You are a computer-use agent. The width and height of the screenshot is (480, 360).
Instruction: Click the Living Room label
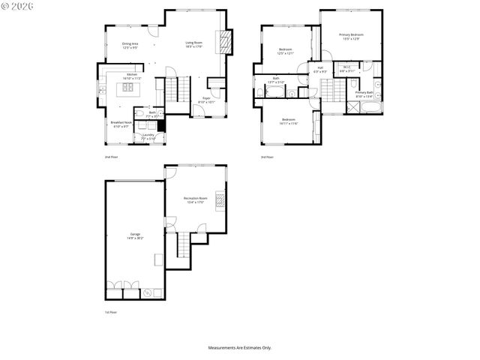pos(194,45)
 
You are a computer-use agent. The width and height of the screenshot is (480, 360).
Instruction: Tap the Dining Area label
pos(130,46)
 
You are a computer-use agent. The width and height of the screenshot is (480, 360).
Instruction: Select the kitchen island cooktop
pos(127,88)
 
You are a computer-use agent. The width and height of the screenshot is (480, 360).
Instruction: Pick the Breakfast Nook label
pos(121,124)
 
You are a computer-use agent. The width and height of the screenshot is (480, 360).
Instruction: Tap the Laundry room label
pos(148,136)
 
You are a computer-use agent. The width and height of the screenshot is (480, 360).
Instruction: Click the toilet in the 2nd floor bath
pos(160,115)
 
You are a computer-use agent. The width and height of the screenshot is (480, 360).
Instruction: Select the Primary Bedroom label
pos(350,37)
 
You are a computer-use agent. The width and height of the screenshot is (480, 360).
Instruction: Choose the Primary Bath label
pos(364,94)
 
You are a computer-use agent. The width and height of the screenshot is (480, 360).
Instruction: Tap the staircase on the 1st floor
pos(182,245)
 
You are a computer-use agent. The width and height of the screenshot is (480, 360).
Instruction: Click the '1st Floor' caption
pos(111,312)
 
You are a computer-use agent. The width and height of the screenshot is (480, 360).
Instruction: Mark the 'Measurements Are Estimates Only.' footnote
pos(240,348)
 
